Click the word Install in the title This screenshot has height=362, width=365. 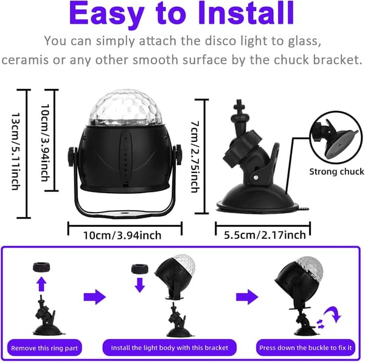[246, 13]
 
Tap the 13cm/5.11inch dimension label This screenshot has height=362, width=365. [16, 151]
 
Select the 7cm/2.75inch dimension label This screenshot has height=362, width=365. [195, 157]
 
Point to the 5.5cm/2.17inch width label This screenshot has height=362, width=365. [265, 235]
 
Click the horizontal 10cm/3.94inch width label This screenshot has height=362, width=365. [122, 235]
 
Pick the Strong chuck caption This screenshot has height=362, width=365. [336, 172]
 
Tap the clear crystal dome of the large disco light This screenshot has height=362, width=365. [125, 108]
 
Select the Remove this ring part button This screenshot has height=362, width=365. [44, 348]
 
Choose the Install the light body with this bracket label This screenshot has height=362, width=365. [170, 348]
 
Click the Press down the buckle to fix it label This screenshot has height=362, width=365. [305, 348]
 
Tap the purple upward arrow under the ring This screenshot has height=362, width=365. [41, 284]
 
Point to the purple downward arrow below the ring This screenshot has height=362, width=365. [140, 285]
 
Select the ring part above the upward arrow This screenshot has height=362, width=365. [41, 268]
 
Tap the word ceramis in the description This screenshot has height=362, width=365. [25, 60]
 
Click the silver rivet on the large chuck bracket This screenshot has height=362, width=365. [256, 178]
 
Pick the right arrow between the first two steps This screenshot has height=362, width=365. [95, 297]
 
